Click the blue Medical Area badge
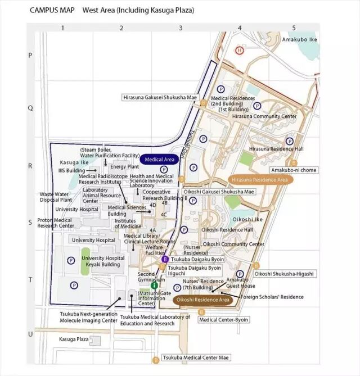[160, 160]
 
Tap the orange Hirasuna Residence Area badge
[260, 180]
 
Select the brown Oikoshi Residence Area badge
[203, 300]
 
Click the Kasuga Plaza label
[74, 339]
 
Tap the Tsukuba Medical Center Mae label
[196, 357]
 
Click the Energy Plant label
[124, 166]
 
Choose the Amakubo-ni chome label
[294, 170]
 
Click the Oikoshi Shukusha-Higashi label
[284, 273]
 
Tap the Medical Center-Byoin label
[224, 320]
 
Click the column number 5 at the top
[294, 27]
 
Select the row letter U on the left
[30, 334]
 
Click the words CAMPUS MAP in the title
[52, 10]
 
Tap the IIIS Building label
[71, 170]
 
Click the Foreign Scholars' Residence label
[272, 297]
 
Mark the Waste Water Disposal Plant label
[56, 197]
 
